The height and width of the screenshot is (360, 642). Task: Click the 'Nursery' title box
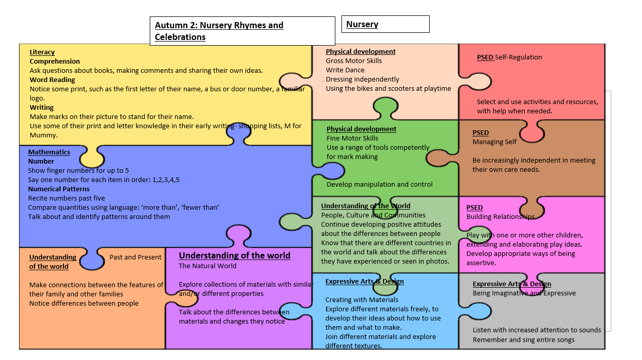click(x=385, y=24)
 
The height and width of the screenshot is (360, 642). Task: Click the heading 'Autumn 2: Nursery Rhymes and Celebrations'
click(x=219, y=31)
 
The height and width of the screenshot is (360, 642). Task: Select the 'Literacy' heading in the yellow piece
click(x=42, y=52)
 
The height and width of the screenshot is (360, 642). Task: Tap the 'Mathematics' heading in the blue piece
click(x=49, y=152)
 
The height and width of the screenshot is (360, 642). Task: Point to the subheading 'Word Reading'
click(x=52, y=80)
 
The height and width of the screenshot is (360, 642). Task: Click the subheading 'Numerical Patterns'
click(x=59, y=189)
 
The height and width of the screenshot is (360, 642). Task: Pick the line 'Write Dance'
click(x=345, y=70)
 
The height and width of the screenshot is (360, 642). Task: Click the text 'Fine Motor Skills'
click(x=352, y=138)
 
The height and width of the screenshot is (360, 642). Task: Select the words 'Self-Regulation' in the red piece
click(x=518, y=57)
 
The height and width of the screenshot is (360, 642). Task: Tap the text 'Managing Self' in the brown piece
click(x=494, y=142)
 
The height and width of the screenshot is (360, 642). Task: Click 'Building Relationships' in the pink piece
click(x=500, y=217)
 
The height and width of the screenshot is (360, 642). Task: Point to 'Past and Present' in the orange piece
click(x=135, y=257)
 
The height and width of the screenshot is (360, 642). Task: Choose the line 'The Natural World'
click(x=208, y=266)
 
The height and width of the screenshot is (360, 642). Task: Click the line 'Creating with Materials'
click(x=362, y=300)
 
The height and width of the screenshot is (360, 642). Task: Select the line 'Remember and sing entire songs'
click(x=524, y=340)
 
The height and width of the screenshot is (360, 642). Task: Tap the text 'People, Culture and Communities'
click(x=373, y=215)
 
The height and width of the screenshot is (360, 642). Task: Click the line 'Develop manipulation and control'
click(x=379, y=185)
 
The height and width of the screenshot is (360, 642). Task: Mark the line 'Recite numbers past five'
click(x=67, y=198)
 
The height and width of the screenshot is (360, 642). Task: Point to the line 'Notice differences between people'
click(x=84, y=304)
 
